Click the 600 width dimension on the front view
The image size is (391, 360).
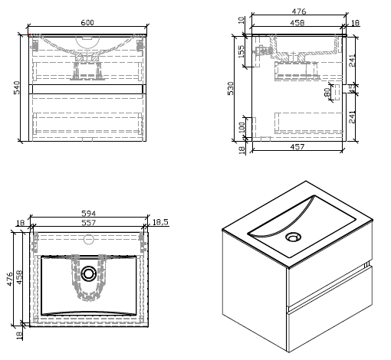click(x=87, y=23)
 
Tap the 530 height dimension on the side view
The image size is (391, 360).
click(x=229, y=89)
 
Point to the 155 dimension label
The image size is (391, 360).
click(x=242, y=51)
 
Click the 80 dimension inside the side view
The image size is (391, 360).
click(x=327, y=92)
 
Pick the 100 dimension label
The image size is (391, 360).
click(x=242, y=126)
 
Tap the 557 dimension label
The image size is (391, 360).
click(x=90, y=224)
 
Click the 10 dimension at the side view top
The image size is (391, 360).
click(x=242, y=21)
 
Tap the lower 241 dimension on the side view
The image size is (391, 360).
click(x=352, y=116)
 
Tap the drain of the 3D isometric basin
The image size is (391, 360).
click(x=293, y=237)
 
